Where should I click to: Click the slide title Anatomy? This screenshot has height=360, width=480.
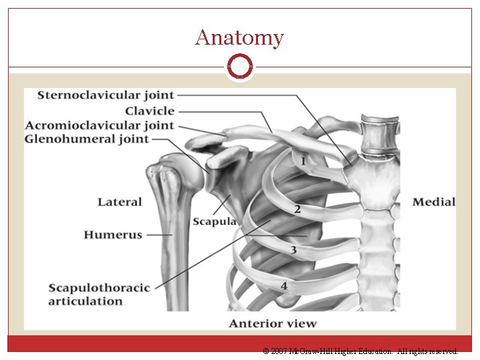click(x=239, y=37)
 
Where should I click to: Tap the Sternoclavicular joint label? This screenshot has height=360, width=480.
click(x=105, y=95)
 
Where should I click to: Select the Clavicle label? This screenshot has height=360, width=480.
click(x=150, y=111)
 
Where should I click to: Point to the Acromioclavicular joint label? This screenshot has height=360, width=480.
click(x=99, y=125)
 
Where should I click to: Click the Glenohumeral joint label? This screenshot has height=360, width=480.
click(x=87, y=139)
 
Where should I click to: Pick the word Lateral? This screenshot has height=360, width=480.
click(x=120, y=202)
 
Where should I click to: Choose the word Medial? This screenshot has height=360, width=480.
click(x=434, y=202)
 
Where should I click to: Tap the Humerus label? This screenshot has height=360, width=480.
click(x=113, y=235)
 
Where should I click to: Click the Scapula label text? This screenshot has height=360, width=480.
click(x=214, y=221)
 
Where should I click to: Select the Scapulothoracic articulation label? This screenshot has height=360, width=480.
click(x=99, y=294)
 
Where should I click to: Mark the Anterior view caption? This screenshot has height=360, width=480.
click(x=273, y=324)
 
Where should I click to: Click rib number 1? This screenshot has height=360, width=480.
click(x=303, y=161)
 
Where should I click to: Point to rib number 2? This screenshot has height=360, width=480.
click(x=297, y=209)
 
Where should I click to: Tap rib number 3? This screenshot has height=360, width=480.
click(x=293, y=250)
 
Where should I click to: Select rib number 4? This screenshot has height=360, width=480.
click(x=284, y=286)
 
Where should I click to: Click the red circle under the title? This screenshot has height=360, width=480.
click(x=240, y=65)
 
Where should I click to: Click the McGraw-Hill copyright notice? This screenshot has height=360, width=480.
click(x=361, y=351)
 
